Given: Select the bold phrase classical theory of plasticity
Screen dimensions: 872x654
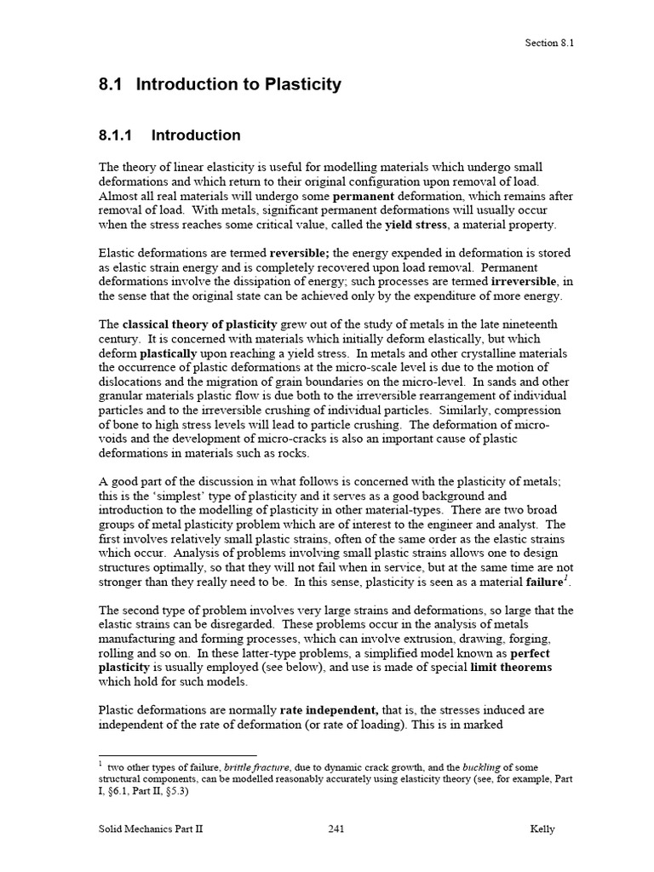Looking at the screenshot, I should (200, 324).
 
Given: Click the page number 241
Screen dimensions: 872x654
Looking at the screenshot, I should (336, 829).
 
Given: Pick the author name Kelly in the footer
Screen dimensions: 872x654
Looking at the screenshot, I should (541, 829).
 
